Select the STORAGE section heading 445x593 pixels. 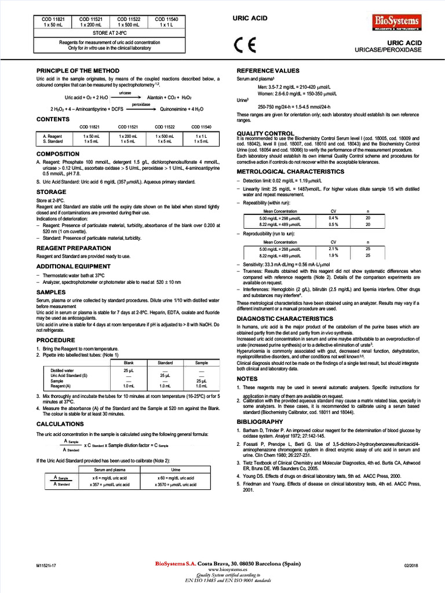click(x=52, y=192)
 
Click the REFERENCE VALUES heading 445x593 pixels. click(x=268, y=71)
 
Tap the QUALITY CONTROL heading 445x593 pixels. click(x=265, y=133)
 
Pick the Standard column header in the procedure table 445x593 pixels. click(x=165, y=363)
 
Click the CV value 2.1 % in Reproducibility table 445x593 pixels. click(x=333, y=248)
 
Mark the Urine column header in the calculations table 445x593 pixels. click(x=177, y=470)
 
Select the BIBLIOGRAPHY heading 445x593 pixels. click(x=260, y=422)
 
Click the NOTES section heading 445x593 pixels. click(x=247, y=379)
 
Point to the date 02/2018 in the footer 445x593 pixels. click(x=411, y=565)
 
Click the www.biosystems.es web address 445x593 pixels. click(x=227, y=569)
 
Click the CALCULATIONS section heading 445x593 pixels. click(x=60, y=424)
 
